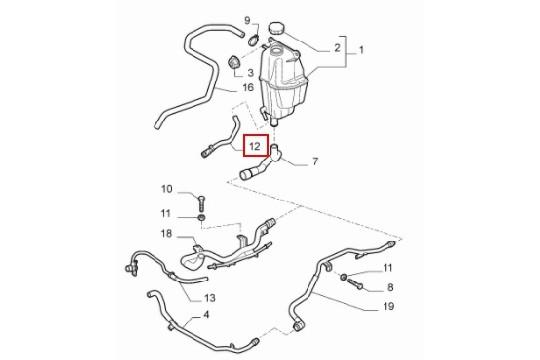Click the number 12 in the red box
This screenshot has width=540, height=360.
click(256, 145)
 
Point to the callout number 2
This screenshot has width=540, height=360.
click(336, 48)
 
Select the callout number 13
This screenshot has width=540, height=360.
click(209, 298)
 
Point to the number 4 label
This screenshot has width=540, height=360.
click(207, 314)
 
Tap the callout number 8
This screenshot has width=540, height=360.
click(390, 286)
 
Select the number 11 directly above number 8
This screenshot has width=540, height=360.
click(389, 269)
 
